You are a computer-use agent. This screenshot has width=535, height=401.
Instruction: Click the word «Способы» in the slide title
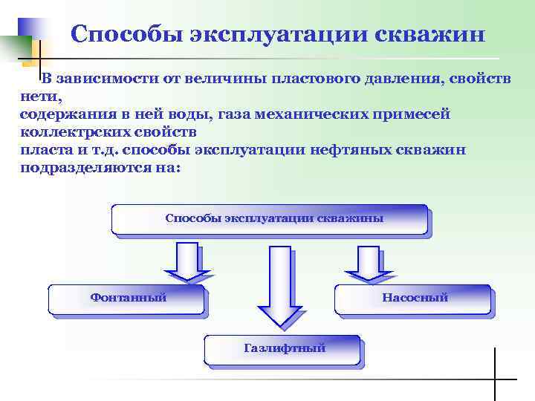119,34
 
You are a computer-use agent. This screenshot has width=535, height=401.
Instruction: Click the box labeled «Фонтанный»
126,299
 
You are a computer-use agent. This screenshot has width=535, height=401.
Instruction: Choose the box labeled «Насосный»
413,299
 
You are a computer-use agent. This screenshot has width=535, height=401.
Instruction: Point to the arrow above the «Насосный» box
364,263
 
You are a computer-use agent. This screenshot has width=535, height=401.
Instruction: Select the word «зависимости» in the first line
97,79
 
